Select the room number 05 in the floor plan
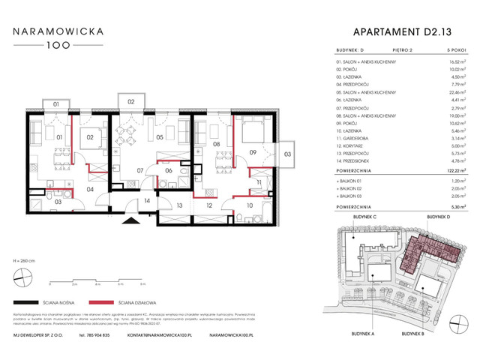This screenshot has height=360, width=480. click(159, 138)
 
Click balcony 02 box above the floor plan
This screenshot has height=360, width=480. click(130, 100)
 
